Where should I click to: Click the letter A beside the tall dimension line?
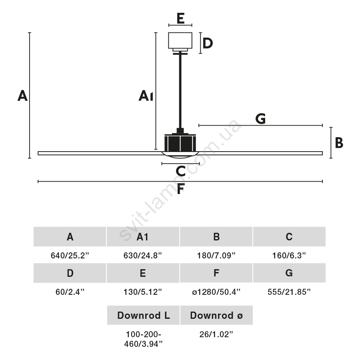(22, 96)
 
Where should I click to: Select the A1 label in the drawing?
(146, 96)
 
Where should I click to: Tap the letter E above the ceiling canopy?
(180, 18)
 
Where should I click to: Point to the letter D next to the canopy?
(207, 43)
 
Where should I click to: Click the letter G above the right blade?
(260, 118)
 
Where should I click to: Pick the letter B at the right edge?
(339, 143)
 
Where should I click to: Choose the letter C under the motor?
(180, 171)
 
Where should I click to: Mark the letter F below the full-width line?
(180, 189)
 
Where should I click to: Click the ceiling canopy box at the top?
(180, 40)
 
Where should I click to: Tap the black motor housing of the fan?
(180, 143)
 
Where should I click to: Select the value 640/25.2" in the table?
(70, 256)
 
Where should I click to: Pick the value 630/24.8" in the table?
(143, 256)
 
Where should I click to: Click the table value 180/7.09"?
(216, 256)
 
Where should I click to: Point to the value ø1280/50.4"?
(216, 292)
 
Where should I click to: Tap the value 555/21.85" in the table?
(289, 292)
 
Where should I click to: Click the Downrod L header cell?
(143, 316)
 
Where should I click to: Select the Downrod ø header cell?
(216, 316)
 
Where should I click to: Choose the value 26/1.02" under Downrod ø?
(216, 334)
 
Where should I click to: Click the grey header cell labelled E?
(143, 273)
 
